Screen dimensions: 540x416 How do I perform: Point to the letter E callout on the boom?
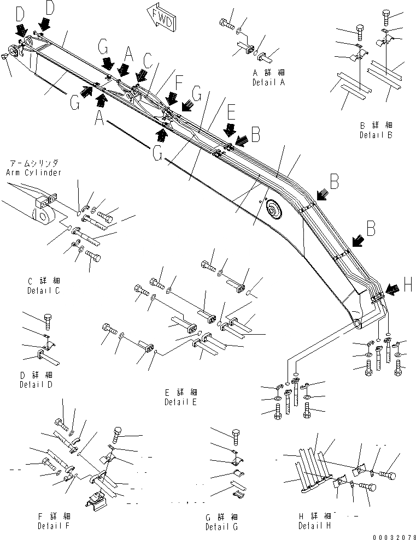(231, 113)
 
